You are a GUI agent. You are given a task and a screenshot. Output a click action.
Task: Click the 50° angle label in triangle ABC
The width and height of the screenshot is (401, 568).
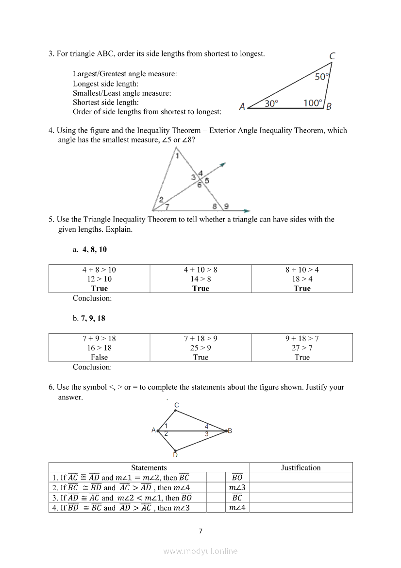click(x=321, y=77)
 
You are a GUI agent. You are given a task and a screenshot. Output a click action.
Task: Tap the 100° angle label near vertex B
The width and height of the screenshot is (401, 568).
click(x=313, y=103)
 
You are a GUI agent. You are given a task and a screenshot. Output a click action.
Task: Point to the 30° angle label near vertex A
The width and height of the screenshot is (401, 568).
click(x=271, y=103)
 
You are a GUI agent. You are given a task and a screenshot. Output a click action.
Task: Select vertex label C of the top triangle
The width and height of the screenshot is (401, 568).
click(x=332, y=56)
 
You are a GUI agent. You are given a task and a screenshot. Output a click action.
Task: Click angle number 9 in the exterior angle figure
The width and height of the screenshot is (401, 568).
click(x=226, y=207)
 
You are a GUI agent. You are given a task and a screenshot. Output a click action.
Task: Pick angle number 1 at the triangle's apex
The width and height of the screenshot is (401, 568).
click(x=177, y=156)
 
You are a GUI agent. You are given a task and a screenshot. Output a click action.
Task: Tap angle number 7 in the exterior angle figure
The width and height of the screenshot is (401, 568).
click(x=167, y=207)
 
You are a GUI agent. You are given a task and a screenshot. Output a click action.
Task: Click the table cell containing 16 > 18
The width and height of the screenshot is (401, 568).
click(x=99, y=348)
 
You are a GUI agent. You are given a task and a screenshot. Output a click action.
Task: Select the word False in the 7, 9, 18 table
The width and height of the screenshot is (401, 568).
click(x=99, y=357)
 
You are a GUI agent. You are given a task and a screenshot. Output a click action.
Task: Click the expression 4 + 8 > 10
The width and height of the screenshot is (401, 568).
click(x=99, y=270)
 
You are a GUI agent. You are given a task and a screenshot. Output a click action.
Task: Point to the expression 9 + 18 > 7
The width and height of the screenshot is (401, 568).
click(x=302, y=339)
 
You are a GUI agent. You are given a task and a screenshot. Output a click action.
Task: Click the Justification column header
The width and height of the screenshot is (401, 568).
click(x=301, y=467)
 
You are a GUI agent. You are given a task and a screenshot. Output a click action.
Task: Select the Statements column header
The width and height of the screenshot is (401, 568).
click(x=149, y=467)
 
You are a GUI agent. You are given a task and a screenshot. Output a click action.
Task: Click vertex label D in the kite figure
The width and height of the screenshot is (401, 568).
click(x=175, y=455)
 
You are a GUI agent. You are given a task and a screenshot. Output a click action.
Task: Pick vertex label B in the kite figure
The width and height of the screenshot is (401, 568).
click(x=230, y=430)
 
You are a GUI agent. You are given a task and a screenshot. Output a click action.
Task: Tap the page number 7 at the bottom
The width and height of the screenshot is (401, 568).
click(x=200, y=531)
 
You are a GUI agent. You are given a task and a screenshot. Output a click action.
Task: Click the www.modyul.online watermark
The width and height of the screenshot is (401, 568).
click(x=200, y=551)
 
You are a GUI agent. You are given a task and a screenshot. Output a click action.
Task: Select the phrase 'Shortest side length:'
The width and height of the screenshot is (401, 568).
click(x=106, y=103)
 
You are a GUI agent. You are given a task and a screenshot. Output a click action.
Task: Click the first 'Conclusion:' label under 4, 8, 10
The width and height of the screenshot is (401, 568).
click(x=92, y=298)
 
